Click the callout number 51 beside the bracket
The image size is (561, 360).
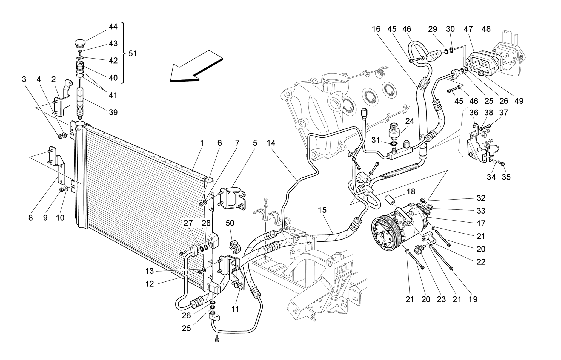coord(133,54)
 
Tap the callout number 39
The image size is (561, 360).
coord(113,112)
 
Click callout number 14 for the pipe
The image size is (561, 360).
coord(271,143)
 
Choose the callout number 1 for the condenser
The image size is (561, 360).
coord(202,143)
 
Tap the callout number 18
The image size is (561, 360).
coord(411,191)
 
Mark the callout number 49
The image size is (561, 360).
coord(519,101)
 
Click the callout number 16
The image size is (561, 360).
coord(376,29)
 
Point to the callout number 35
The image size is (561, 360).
coord(506,177)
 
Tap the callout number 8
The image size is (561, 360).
coord(30,218)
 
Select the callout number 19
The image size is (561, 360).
coord(473,299)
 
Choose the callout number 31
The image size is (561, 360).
coord(376,140)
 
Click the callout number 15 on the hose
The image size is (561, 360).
coord(322,210)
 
